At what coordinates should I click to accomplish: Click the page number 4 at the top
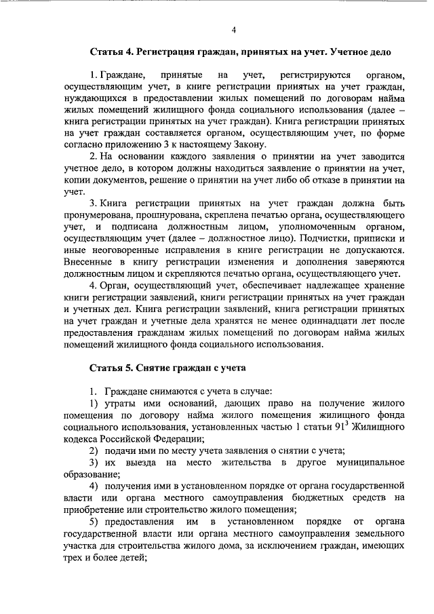pos(233,29)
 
